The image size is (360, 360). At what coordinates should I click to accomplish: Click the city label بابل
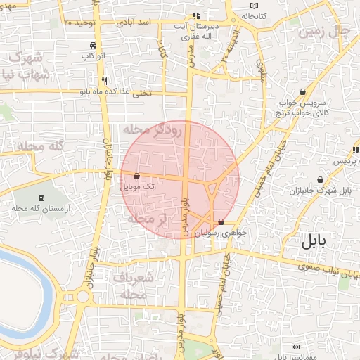coord(314,243)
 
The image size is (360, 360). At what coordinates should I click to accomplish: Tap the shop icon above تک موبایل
coord(136,176)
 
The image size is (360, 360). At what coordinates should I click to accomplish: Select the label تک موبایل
coord(136,187)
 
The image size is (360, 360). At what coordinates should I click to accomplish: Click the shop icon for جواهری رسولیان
coord(221,221)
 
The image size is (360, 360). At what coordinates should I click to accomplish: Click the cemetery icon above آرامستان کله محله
coord(41,198)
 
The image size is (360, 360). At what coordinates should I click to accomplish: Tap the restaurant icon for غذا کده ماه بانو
coord(104,80)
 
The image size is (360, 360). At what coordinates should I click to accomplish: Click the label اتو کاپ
coord(92,54)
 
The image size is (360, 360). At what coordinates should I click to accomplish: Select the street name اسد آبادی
coord(136,22)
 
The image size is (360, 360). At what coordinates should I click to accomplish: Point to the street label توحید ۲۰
coord(79,22)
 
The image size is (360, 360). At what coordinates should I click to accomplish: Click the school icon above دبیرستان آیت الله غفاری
coord(196,15)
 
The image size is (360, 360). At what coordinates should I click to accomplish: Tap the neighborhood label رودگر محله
coord(153,130)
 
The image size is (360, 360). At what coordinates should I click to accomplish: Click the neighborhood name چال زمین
coord(323,32)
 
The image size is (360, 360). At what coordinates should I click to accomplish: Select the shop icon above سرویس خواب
coord(302,91)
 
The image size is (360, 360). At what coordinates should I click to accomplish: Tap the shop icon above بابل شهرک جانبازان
coord(320,179)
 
